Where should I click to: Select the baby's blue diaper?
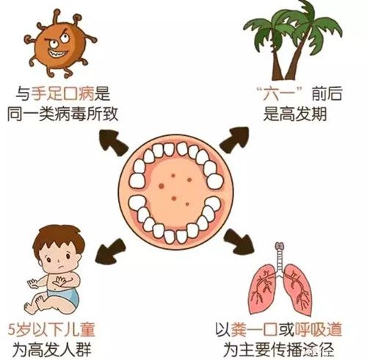click(x=65, y=295)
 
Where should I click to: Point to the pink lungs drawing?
click(x=281, y=289)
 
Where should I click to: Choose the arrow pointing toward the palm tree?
click(x=234, y=140)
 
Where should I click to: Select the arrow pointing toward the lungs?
click(x=238, y=242)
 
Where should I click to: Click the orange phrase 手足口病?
click(x=62, y=94)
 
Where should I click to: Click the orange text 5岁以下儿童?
click(x=51, y=329)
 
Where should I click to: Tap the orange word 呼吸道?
click(x=319, y=329)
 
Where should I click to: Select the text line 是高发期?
click(x=295, y=114)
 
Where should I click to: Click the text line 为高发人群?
click(x=52, y=350)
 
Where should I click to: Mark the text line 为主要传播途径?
click(x=279, y=350)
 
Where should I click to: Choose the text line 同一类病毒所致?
click(x=62, y=114)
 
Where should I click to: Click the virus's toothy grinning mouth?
click(x=58, y=53)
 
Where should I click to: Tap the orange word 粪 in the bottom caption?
click(x=238, y=329)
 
